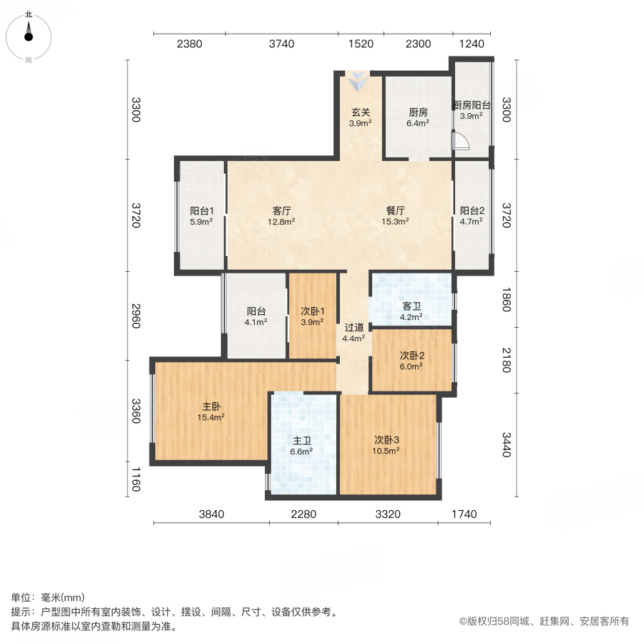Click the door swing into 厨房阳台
point(460,142)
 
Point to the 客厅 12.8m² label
point(282,216)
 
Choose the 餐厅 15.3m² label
point(396,216)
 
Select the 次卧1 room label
point(313,316)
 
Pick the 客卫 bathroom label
point(411,311)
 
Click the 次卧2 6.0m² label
point(411,360)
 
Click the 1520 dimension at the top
point(361,44)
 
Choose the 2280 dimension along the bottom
point(303,514)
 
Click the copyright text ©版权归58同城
point(544,621)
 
